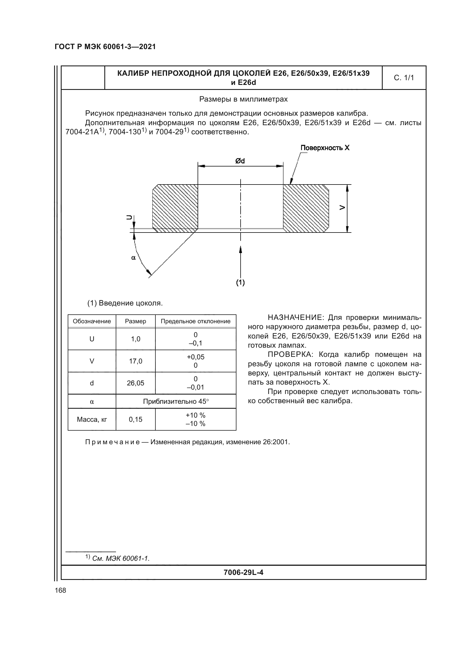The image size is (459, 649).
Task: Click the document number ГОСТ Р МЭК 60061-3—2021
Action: click(105, 47)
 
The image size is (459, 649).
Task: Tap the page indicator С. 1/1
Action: click(403, 78)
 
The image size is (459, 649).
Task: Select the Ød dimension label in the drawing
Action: click(240, 161)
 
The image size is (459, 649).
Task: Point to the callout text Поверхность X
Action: click(325, 148)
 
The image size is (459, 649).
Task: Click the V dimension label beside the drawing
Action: click(342, 208)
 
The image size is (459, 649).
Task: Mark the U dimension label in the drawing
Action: click(129, 217)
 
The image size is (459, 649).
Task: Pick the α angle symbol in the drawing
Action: click(133, 258)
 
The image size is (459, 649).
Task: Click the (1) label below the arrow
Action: click(240, 282)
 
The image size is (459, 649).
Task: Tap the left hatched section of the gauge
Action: click(175, 208)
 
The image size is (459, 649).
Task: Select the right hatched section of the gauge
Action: click(306, 208)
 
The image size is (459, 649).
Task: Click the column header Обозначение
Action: click(92, 321)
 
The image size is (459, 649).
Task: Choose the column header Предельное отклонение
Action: click(196, 321)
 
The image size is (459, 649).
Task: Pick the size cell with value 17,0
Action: click(136, 361)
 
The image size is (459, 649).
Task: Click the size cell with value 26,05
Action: click(136, 383)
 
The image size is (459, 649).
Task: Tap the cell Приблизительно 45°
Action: click(176, 401)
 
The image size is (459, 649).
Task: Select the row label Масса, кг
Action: click(92, 420)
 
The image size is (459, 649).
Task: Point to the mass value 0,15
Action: click(136, 420)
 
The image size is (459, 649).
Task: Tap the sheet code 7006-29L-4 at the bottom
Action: click(243, 573)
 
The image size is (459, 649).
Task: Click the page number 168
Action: click(60, 590)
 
